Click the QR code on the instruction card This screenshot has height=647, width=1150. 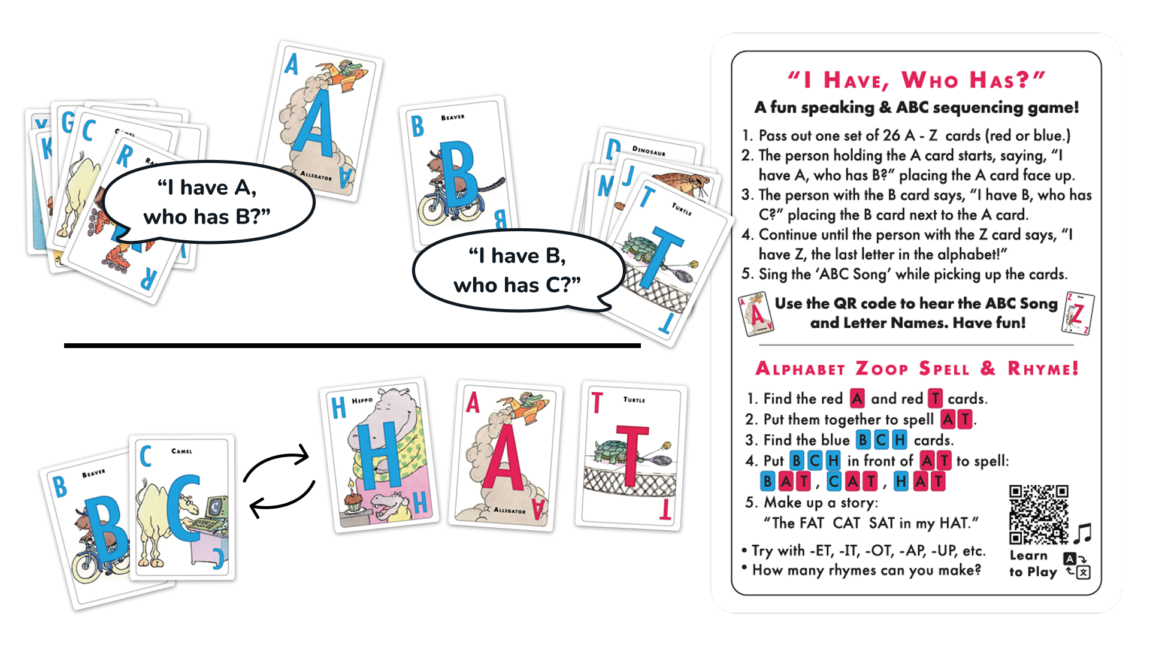coord(1039,515)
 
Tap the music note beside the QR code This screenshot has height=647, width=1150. coord(1082,533)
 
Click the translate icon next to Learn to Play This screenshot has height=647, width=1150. coord(1077,566)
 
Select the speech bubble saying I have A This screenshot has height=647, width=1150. coord(208,202)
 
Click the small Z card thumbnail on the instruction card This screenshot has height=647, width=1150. coord(1078,313)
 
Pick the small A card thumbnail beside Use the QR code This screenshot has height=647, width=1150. coord(756,314)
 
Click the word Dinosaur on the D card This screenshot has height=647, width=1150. coord(649,150)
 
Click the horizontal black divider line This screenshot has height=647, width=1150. coord(352,346)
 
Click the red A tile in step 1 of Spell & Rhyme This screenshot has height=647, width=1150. coord(857,398)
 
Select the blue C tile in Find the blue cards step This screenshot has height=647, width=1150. coord(880,440)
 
